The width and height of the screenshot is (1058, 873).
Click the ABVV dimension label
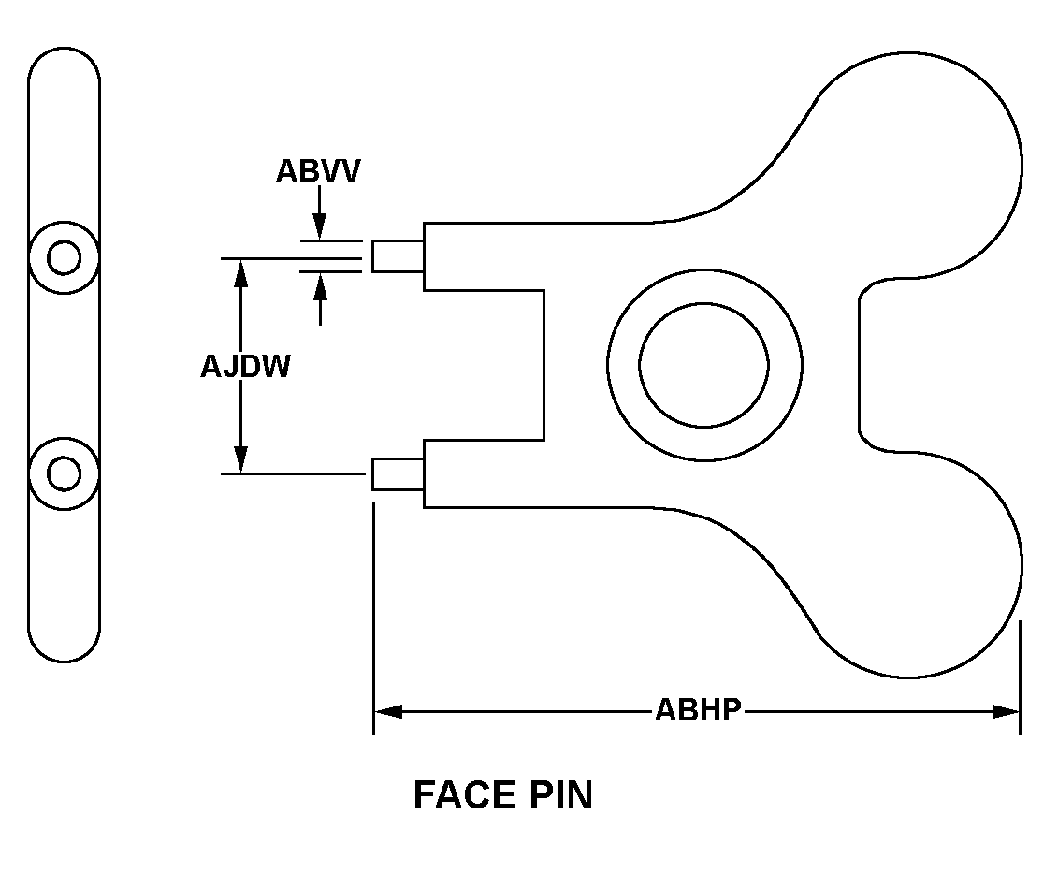[317, 172]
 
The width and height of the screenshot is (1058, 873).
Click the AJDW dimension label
[245, 367]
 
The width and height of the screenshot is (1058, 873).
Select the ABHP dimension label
[698, 710]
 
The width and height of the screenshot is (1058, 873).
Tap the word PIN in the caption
[558, 795]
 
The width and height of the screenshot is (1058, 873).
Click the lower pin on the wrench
[398, 474]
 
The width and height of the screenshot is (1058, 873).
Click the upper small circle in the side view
[64, 257]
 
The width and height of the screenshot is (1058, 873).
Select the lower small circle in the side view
[64, 474]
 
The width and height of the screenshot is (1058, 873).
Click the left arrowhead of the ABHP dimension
[387, 711]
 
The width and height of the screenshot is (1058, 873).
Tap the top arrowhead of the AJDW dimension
[241, 270]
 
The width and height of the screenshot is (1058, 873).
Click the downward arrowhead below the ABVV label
[320, 226]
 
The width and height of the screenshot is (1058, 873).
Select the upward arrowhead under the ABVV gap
[320, 284]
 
